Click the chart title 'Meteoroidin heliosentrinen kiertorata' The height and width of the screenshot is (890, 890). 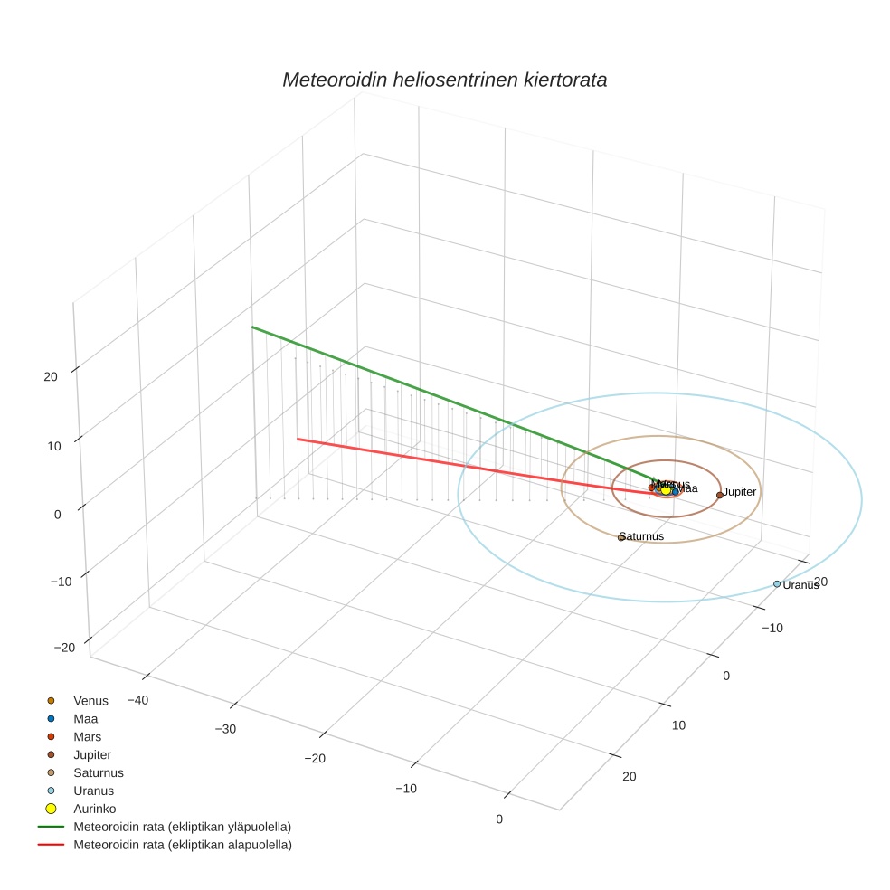pyautogui.click(x=444, y=80)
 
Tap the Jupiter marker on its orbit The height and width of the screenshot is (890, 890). pyautogui.click(x=719, y=495)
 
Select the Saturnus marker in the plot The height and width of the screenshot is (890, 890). pyautogui.click(x=620, y=538)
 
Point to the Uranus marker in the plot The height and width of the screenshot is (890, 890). pyautogui.click(x=777, y=584)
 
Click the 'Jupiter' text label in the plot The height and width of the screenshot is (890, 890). pyautogui.click(x=739, y=492)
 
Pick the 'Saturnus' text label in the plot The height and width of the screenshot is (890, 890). pyautogui.click(x=642, y=536)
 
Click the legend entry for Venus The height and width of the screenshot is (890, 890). pyautogui.click(x=90, y=701)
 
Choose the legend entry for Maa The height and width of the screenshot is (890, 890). pyautogui.click(x=85, y=719)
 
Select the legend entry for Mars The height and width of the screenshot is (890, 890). pyautogui.click(x=87, y=737)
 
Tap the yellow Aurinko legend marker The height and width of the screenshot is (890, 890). pyautogui.click(x=52, y=809)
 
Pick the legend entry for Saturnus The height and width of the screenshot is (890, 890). pyautogui.click(x=98, y=773)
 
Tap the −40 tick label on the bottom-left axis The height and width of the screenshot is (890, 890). pyautogui.click(x=137, y=700)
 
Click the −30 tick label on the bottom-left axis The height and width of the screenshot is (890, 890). pyautogui.click(x=226, y=729)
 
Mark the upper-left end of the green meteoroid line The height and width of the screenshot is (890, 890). pyautogui.click(x=252, y=327)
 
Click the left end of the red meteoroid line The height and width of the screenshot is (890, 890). pyautogui.click(x=298, y=439)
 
